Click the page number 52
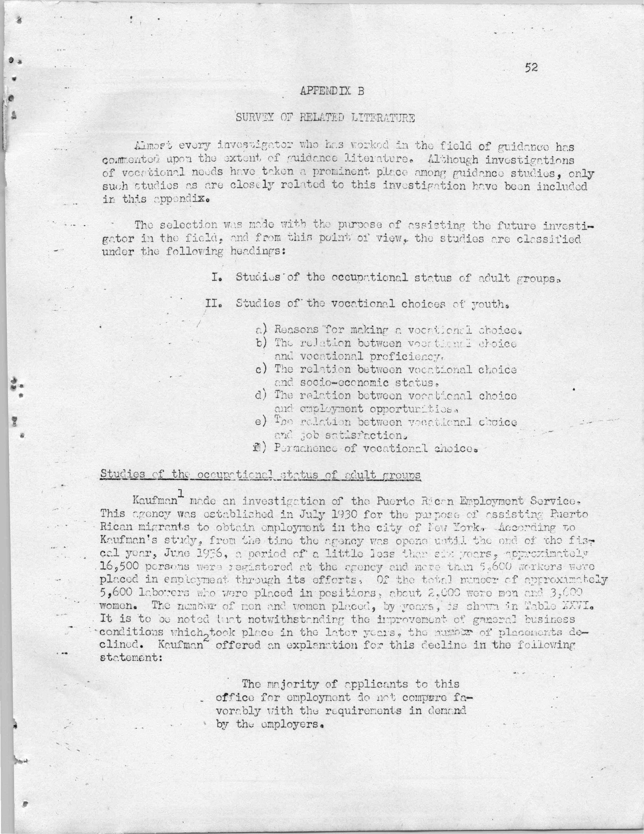(531, 68)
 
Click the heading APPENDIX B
(332, 91)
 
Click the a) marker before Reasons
(261, 329)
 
